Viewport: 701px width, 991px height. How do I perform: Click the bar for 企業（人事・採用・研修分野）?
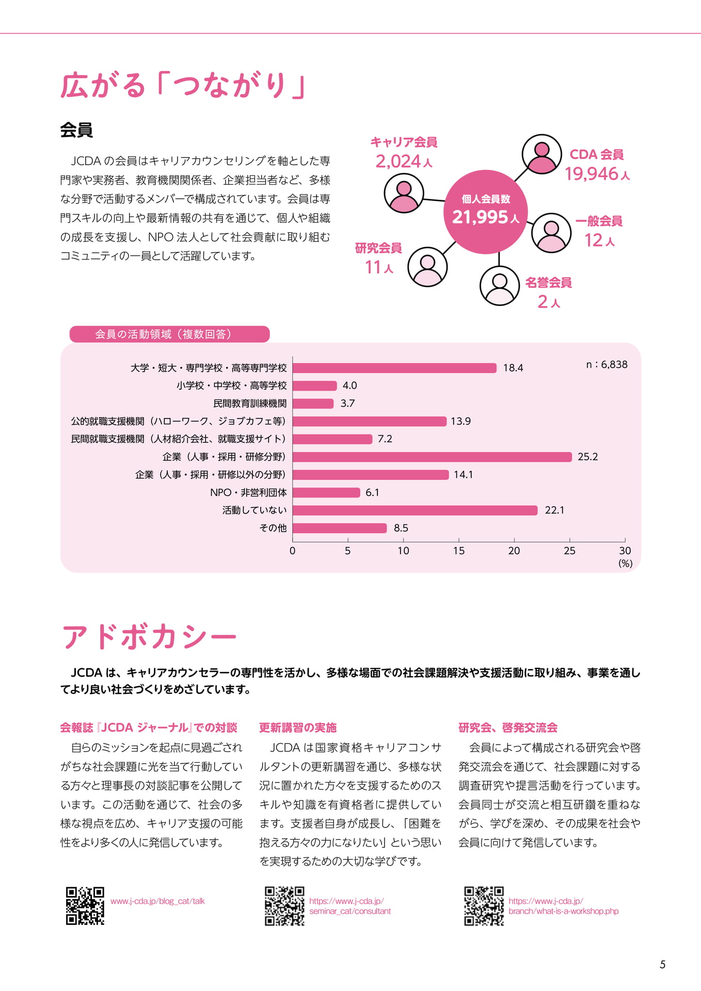tap(432, 457)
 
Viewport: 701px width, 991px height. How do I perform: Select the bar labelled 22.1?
tap(415, 510)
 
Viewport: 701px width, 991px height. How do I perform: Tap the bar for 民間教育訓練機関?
tap(313, 404)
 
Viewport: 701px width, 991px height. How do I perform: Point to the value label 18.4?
tap(513, 368)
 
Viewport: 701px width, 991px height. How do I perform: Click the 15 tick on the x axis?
tap(458, 551)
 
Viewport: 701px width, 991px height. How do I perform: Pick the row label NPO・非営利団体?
tap(248, 492)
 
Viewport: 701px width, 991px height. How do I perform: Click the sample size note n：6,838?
tap(607, 364)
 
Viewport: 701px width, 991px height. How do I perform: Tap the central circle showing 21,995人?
tap(486, 212)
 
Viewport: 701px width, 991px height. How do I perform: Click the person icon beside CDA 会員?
tap(541, 154)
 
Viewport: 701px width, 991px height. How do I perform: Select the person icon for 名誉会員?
tap(499, 285)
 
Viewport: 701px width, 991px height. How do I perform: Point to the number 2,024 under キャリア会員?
tap(398, 162)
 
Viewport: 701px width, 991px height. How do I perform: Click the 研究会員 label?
tap(378, 248)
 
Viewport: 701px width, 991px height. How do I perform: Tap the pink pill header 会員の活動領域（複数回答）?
tap(169, 334)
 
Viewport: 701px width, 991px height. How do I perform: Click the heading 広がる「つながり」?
tap(183, 85)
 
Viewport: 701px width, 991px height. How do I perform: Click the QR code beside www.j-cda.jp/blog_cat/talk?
tap(85, 906)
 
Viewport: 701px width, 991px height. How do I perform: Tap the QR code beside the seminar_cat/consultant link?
tap(284, 906)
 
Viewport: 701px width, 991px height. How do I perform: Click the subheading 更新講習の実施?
tap(298, 728)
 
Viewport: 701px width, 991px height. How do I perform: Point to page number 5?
tap(663, 965)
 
